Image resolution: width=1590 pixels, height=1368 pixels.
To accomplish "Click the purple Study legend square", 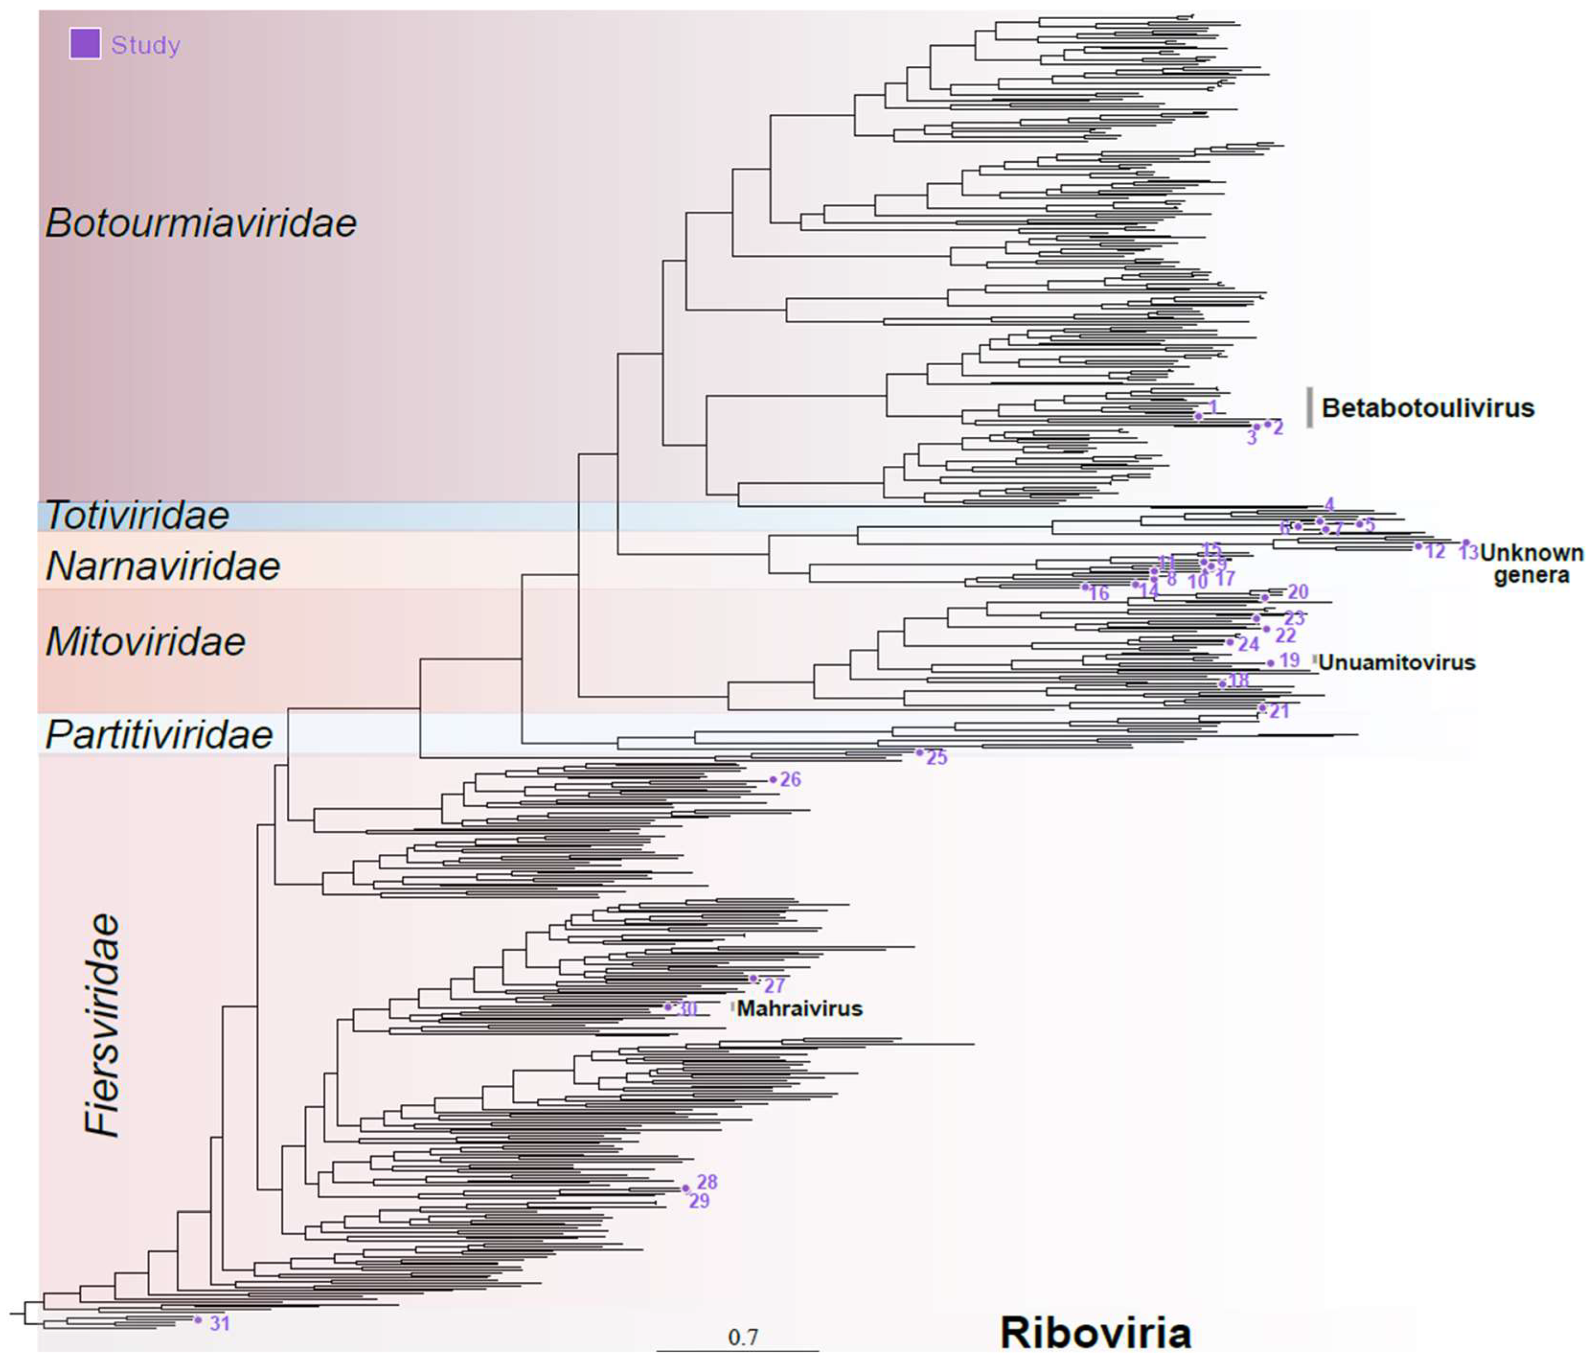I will (x=85, y=44).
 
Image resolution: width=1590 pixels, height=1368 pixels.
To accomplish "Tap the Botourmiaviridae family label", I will (x=201, y=224).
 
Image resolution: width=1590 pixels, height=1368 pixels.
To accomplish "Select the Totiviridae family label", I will (x=137, y=516).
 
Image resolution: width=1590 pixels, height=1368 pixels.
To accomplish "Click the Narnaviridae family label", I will (x=163, y=566).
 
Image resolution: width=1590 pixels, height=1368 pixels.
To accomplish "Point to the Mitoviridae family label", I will (x=145, y=642).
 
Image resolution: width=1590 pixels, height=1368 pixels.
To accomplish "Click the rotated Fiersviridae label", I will (x=102, y=1024).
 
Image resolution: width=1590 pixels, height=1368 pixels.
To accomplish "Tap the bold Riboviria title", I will (x=1095, y=1332).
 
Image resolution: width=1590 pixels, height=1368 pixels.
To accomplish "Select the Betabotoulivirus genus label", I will (x=1427, y=408).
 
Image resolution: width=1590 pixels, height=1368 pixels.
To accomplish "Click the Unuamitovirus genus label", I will (x=1397, y=663).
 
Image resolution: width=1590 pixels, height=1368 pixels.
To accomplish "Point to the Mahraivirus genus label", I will (x=800, y=1008).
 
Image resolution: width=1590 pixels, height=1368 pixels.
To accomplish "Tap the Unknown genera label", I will (x=1530, y=564).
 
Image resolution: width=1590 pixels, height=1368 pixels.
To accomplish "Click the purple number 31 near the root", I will (x=219, y=1323).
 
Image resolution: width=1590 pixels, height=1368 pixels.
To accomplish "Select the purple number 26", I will (x=790, y=779).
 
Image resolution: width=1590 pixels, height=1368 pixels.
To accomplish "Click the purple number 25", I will (x=936, y=757).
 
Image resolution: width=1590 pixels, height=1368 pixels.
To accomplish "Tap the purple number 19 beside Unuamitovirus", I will (x=1289, y=660).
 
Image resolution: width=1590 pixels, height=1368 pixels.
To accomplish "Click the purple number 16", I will (x=1099, y=592).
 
